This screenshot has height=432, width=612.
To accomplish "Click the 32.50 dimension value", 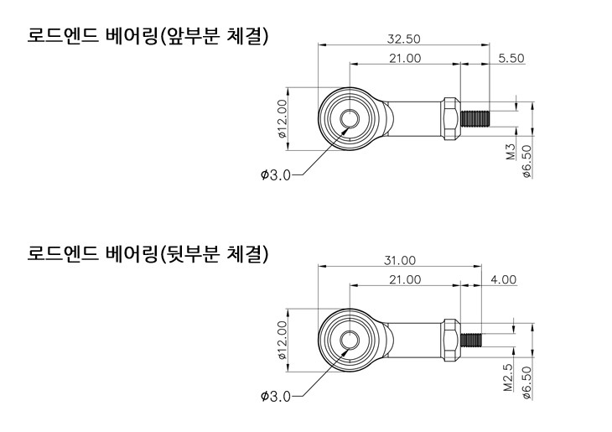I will [403, 39].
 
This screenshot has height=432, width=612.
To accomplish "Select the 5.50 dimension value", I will [511, 58].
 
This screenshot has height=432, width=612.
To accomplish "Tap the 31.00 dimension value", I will [399, 261].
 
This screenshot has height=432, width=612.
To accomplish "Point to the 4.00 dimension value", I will [504, 279].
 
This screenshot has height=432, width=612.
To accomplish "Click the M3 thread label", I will [510, 152].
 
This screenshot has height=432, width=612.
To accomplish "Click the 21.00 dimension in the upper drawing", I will [405, 58].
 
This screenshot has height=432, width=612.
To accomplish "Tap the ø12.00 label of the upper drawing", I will [283, 118].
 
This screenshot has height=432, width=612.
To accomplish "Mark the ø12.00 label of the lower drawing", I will [283, 340].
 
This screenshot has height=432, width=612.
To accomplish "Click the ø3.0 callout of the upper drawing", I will [275, 174].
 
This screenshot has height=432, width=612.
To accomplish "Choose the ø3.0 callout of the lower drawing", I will [275, 396].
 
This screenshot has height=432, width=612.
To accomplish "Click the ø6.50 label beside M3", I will [526, 160].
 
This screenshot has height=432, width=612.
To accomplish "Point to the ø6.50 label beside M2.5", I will [526, 382].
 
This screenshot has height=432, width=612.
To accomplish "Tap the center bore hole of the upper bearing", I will [349, 119].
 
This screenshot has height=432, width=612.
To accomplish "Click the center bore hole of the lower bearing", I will [349, 340].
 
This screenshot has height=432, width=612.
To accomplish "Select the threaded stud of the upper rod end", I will [475, 118].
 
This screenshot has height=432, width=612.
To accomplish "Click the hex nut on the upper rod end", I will [451, 118].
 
